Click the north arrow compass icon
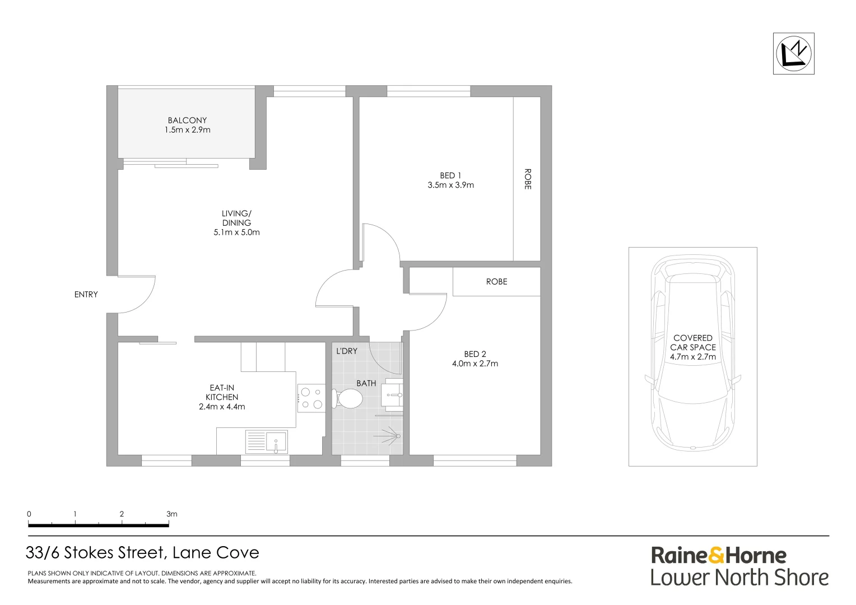(793, 54)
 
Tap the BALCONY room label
(187, 120)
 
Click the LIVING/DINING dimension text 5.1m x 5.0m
(236, 232)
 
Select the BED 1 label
(450, 175)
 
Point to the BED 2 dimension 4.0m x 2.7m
(474, 363)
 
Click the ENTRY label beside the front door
(86, 294)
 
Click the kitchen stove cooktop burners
(311, 398)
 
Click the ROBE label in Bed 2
(496, 281)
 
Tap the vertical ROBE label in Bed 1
(527, 179)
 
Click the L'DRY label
(346, 351)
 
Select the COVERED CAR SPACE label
(693, 342)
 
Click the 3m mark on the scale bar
(171, 514)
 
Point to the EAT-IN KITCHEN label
(222, 392)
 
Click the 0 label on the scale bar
(29, 514)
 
